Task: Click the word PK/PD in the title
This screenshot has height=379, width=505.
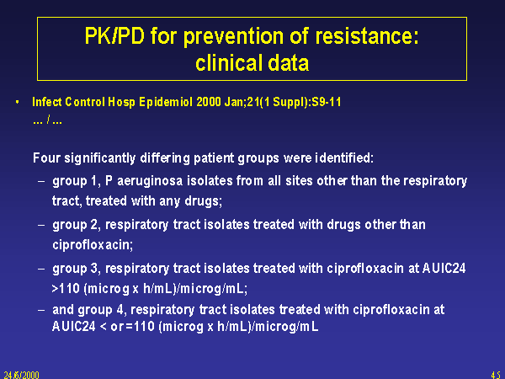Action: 114,35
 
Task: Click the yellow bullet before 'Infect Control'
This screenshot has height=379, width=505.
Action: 18,102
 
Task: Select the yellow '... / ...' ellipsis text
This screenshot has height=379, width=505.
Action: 47,120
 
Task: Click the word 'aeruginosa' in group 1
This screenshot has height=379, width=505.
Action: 150,181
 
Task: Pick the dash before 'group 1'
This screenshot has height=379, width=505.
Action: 41,181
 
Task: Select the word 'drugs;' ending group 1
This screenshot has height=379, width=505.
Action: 203,201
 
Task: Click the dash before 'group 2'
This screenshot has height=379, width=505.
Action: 41,225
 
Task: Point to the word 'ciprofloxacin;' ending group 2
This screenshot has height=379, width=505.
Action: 93,244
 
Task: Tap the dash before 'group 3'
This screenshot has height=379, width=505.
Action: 41,269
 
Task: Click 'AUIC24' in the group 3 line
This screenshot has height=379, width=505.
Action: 444,268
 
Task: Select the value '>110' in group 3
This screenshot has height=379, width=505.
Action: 66,288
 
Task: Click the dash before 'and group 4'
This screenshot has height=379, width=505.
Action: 41,310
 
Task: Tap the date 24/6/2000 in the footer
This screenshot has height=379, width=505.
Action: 22,375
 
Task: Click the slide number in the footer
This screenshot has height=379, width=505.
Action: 496,375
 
